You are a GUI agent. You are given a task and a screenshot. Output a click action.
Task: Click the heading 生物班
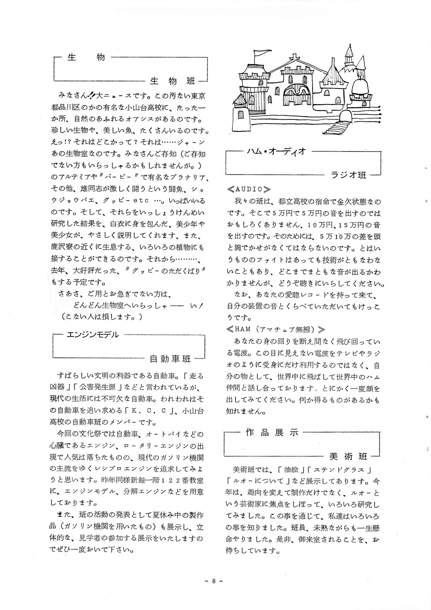coord(172,81)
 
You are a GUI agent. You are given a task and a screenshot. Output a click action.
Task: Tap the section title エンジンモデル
coord(93,335)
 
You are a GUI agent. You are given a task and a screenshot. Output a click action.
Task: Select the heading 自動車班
coord(170,359)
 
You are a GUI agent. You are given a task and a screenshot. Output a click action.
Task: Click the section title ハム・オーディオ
coord(276,151)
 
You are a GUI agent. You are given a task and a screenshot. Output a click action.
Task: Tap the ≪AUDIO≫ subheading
coord(249,189)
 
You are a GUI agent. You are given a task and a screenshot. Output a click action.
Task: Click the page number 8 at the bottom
coord(214,581)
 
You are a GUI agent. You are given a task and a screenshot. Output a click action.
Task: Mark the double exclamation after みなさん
coord(91,96)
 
